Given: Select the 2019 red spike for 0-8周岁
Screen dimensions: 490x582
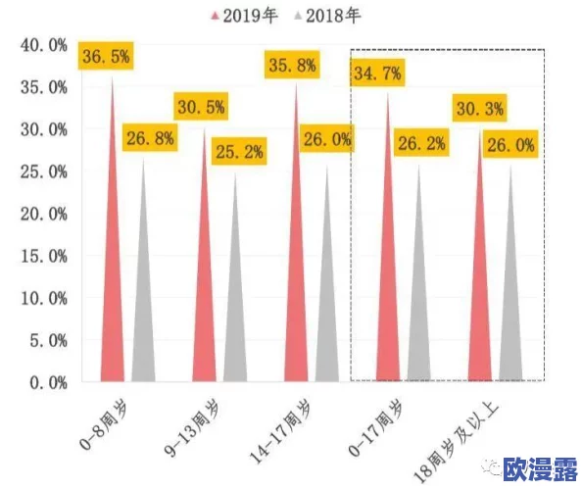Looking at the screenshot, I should pos(113,294).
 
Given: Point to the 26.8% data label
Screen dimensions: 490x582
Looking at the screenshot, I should pos(151,138).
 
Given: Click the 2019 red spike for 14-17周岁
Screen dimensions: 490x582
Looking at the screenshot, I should pos(297,294).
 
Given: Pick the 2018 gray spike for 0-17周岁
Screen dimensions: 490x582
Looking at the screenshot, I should pos(419,314).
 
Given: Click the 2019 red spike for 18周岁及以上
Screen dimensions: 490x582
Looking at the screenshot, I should pos(480,304).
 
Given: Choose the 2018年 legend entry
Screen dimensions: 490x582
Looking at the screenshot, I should pos(330,15).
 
